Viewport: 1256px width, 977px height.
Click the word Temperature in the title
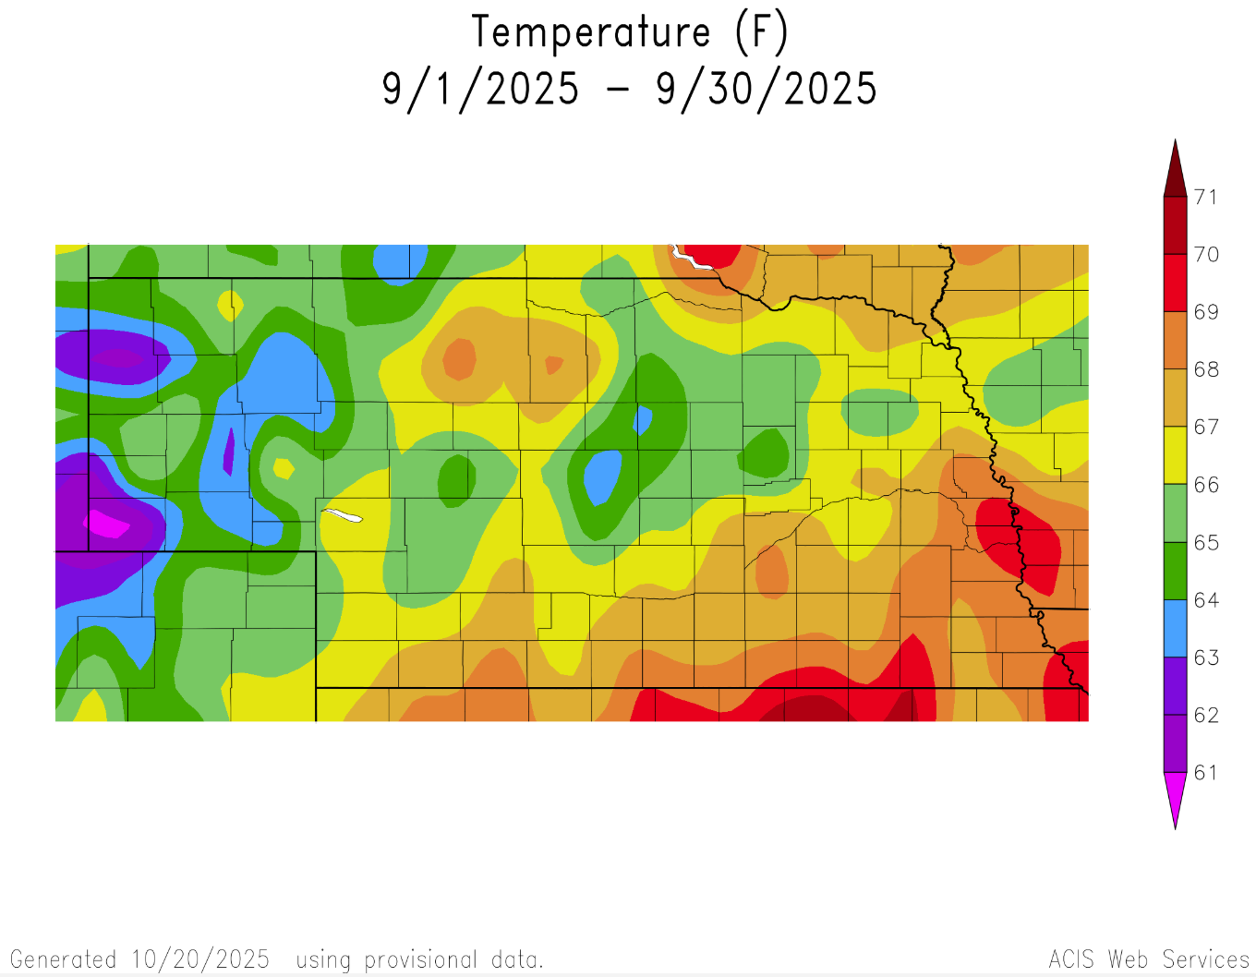pyautogui.click(x=591, y=32)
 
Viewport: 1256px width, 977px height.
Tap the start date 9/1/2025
pyautogui.click(x=480, y=90)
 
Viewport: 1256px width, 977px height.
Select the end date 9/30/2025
pyautogui.click(x=766, y=90)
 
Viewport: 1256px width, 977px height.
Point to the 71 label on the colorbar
pyautogui.click(x=1206, y=197)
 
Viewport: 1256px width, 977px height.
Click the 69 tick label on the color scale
pyautogui.click(x=1206, y=312)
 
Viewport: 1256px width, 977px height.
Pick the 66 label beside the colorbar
pyautogui.click(x=1206, y=485)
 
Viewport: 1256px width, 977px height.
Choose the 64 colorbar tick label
pyautogui.click(x=1206, y=600)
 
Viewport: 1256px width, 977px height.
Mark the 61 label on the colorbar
pyautogui.click(x=1206, y=773)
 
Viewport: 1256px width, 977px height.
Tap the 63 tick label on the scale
pyautogui.click(x=1206, y=657)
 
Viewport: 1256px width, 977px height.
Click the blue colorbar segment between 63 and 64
pyautogui.click(x=1175, y=629)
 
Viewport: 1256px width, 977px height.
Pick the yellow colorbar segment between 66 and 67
pyautogui.click(x=1175, y=455)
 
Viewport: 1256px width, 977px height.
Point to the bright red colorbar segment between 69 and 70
pyautogui.click(x=1175, y=283)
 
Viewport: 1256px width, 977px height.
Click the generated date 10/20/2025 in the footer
pyautogui.click(x=200, y=959)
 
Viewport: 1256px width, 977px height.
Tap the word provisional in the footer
pyautogui.click(x=420, y=959)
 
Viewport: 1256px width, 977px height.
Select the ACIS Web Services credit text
pyautogui.click(x=1149, y=959)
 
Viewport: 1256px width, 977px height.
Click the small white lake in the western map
pyautogui.click(x=343, y=514)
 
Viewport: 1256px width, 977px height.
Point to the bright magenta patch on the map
pyautogui.click(x=109, y=524)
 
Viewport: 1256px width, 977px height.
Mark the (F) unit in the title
pyautogui.click(x=761, y=32)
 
